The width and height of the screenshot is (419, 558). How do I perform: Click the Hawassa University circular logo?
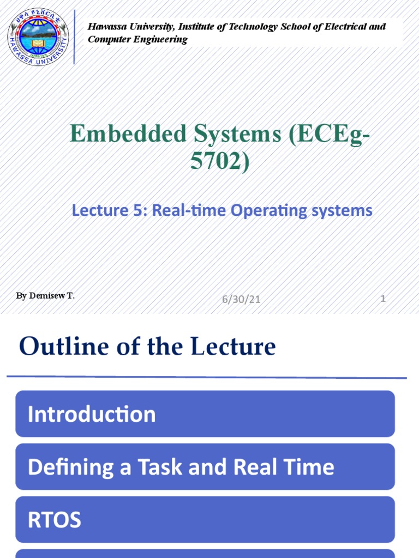click(38, 36)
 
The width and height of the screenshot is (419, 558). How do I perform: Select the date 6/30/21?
click(241, 299)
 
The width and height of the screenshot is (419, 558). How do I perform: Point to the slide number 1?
click(384, 299)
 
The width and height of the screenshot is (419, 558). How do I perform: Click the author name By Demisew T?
click(45, 296)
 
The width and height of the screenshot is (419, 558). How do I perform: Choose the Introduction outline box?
click(205, 414)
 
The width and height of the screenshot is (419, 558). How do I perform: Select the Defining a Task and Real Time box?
click(205, 467)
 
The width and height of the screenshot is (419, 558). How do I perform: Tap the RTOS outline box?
click(205, 520)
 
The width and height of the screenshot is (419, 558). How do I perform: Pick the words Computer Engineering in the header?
click(137, 39)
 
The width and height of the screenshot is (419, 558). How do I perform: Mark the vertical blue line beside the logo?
click(74, 36)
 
